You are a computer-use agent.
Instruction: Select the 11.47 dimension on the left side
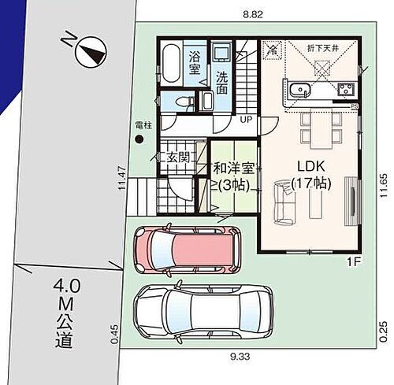121,178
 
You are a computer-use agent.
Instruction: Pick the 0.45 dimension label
115,335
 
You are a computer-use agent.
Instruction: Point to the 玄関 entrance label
179,157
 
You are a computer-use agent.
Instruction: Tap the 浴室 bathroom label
195,62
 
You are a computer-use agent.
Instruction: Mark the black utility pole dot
139,139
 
